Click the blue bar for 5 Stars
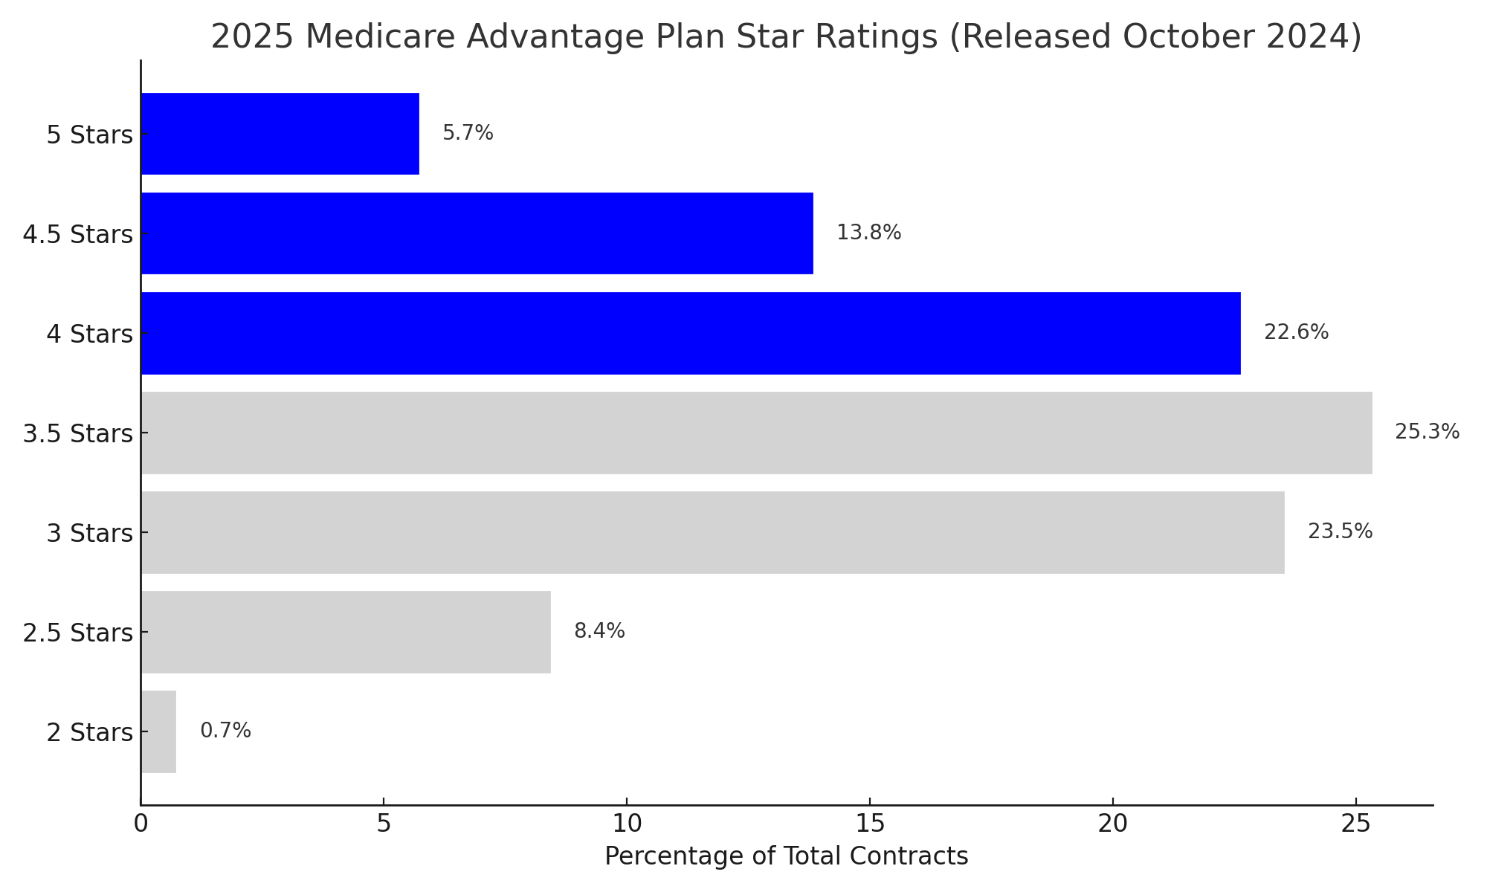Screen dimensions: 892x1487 click(280, 134)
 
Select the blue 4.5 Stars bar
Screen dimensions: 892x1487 click(477, 233)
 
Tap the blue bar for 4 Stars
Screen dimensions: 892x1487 click(691, 333)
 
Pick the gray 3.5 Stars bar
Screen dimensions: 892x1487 click(756, 433)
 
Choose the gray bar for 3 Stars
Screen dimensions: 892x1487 click(712, 532)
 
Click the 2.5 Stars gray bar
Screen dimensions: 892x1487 click(346, 632)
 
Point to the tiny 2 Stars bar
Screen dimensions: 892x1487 click(158, 731)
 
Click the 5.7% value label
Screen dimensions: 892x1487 click(468, 133)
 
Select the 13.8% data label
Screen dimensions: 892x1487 click(868, 233)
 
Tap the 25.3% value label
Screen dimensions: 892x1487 click(1427, 432)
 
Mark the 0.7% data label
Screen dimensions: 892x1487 click(225, 731)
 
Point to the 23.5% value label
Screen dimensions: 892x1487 click(1340, 531)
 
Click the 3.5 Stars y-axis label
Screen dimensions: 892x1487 click(77, 433)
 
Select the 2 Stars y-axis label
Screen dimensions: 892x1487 click(89, 733)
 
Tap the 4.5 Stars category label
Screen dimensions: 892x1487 click(77, 235)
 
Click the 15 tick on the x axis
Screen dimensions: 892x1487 click(869, 824)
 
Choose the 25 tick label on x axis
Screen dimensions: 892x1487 click(1355, 824)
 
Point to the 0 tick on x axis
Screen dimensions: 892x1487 click(141, 824)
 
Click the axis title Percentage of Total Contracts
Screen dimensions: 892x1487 click(786, 856)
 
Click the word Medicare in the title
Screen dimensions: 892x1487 click(381, 36)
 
